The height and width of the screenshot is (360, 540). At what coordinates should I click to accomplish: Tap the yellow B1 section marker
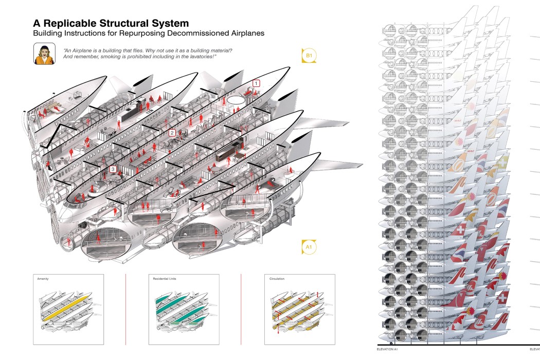pyautogui.click(x=309, y=55)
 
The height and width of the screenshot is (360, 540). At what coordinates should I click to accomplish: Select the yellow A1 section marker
pyautogui.click(x=309, y=247)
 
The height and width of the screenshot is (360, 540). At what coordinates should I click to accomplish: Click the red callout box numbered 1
pyautogui.click(x=256, y=83)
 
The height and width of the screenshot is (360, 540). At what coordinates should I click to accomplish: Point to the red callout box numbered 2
pyautogui.click(x=173, y=133)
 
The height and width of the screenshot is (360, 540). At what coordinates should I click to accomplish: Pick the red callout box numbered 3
pyautogui.click(x=112, y=169)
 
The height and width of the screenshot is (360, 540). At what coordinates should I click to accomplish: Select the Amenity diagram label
pyautogui.click(x=43, y=279)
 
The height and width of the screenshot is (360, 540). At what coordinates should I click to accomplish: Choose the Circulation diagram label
pyautogui.click(x=277, y=279)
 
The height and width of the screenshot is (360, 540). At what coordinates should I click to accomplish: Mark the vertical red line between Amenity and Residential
pyautogui.click(x=125, y=309)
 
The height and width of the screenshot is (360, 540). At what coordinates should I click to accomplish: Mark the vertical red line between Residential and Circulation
pyautogui.click(x=241, y=309)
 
